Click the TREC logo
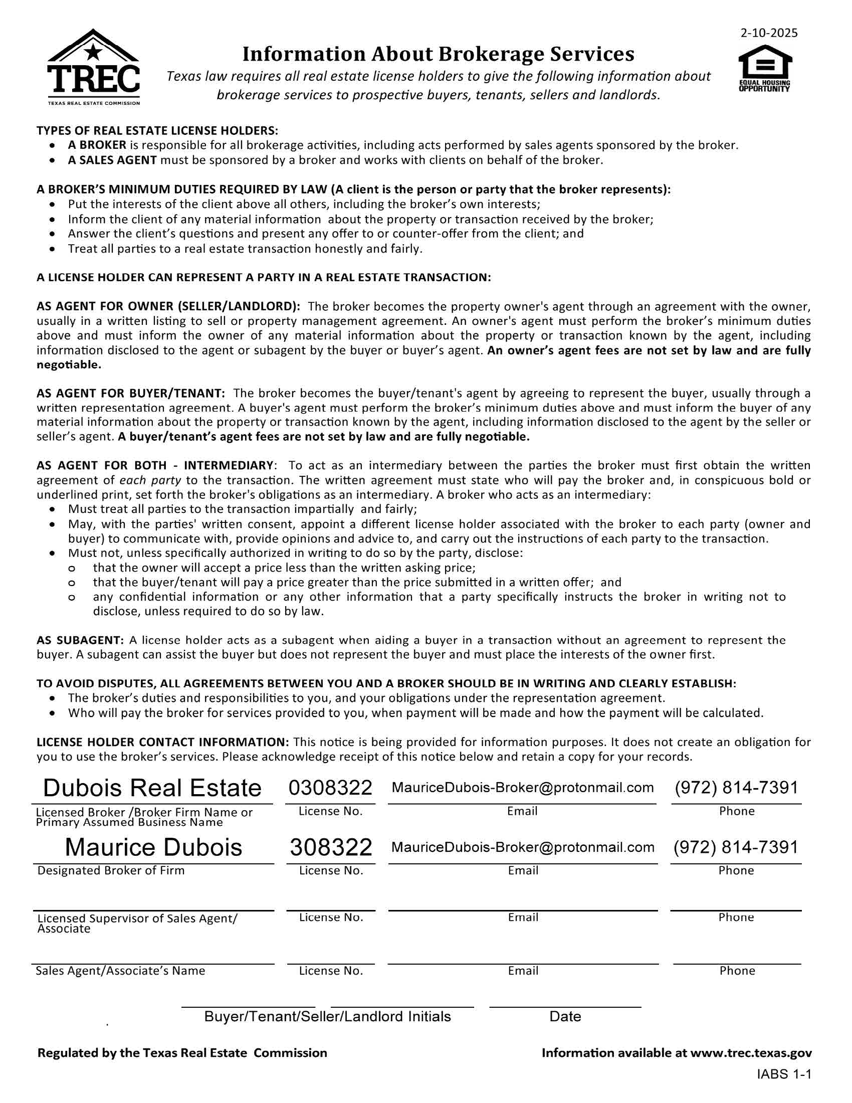tap(93, 67)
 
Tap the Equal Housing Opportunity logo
tap(764, 68)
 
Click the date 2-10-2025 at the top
tap(769, 33)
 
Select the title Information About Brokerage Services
tap(438, 54)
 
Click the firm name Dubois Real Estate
tap(152, 788)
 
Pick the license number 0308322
tap(330, 788)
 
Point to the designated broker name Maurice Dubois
tap(153, 848)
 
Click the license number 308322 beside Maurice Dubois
tap(331, 848)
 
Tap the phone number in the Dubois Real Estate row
tap(736, 787)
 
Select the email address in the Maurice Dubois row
tap(522, 847)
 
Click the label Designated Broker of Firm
tap(111, 871)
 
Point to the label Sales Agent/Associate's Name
tap(120, 971)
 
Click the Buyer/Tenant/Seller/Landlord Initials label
tap(327, 1017)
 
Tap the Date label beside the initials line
tap(565, 1017)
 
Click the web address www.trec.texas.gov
tap(751, 1053)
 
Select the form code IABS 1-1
tap(784, 1074)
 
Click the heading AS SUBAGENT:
tap(80, 640)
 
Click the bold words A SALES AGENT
tap(113, 160)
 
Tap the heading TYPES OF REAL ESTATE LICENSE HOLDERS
tap(157, 131)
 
